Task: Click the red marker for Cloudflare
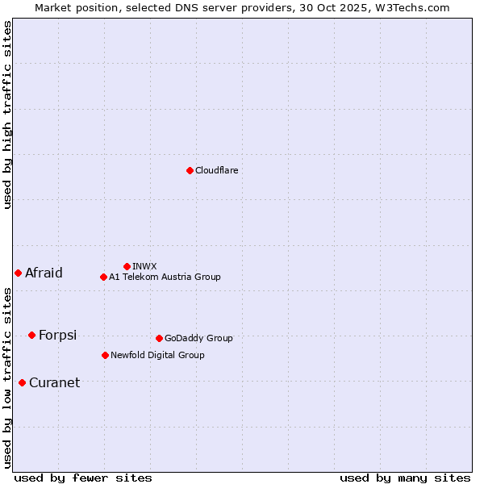tap(190, 170)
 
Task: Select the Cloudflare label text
tap(217, 170)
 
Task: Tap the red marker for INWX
tap(127, 266)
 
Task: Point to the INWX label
tap(144, 266)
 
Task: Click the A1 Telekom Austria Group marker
tap(103, 277)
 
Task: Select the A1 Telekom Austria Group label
tap(165, 277)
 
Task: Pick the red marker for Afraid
tap(18, 273)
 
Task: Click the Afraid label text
tap(44, 273)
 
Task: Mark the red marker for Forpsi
tap(31, 335)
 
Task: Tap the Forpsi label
tap(57, 335)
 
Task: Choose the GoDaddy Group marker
tap(159, 338)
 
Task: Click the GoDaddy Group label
tap(198, 338)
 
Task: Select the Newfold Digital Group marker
tap(105, 355)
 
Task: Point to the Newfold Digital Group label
tap(157, 355)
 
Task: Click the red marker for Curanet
tap(22, 382)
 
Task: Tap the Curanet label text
tap(54, 382)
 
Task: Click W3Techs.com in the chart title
tap(417, 7)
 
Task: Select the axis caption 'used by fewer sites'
tap(83, 478)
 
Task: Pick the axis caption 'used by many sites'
tap(405, 478)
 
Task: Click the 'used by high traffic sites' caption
tap(7, 115)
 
